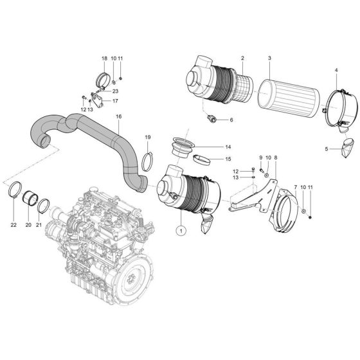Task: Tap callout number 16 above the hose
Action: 118,116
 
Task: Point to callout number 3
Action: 269,59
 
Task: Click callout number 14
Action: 210,147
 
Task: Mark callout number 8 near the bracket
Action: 276,157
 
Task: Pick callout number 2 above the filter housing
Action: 243,59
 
